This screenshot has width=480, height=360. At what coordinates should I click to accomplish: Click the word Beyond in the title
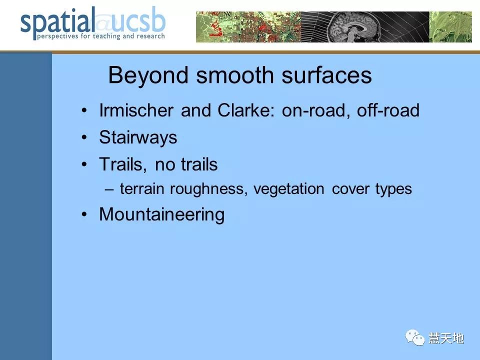[148, 75]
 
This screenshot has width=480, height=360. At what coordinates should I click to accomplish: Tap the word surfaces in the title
[326, 75]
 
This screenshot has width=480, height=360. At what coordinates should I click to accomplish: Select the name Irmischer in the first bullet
[136, 110]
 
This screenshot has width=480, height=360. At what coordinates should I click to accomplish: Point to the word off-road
[388, 110]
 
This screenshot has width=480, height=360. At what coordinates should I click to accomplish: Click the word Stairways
[138, 137]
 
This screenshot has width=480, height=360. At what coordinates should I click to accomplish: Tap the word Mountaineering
[161, 214]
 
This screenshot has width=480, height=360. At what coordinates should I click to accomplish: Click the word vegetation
[288, 189]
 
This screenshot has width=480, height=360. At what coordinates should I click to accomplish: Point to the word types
[393, 189]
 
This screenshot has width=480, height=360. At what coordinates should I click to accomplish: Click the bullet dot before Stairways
[84, 137]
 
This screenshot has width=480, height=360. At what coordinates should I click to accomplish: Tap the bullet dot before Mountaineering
[84, 214]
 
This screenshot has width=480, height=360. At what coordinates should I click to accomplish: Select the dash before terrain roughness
[109, 189]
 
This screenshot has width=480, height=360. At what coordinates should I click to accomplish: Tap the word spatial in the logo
[57, 23]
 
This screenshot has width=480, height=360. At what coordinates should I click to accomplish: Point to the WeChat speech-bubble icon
[415, 337]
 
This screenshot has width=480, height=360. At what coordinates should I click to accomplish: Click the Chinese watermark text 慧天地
[446, 338]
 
